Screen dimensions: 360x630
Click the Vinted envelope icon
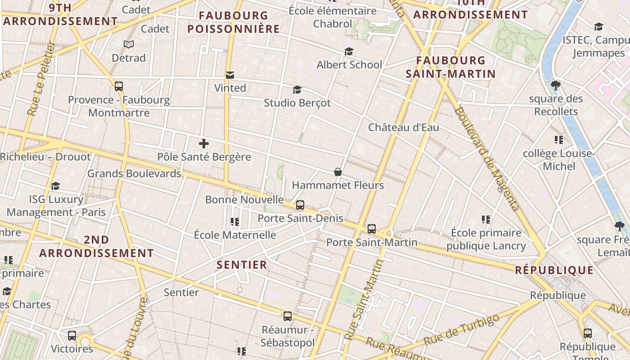point(230,75)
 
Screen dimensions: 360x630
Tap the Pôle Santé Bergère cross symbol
point(204,144)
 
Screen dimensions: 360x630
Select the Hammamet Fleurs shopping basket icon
point(338,172)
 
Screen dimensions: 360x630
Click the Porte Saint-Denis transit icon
point(300,205)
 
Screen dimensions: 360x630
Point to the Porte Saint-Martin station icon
point(372,229)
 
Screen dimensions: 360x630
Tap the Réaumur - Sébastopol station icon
point(288,316)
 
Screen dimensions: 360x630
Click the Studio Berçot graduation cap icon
point(297,90)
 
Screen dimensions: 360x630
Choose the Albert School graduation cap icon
point(349,51)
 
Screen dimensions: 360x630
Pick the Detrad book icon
point(129,45)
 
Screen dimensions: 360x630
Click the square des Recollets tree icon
point(556,85)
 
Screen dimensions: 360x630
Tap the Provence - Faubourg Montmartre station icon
point(119,86)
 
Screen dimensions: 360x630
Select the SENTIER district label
point(242,265)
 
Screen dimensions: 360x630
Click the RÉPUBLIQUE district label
point(554,270)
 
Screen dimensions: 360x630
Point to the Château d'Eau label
point(404,127)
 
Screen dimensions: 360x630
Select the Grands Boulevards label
point(134,173)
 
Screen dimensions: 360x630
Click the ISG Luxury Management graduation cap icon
point(56,186)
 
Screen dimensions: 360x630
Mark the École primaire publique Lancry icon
point(486,220)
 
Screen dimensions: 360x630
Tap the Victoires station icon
point(72,335)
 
